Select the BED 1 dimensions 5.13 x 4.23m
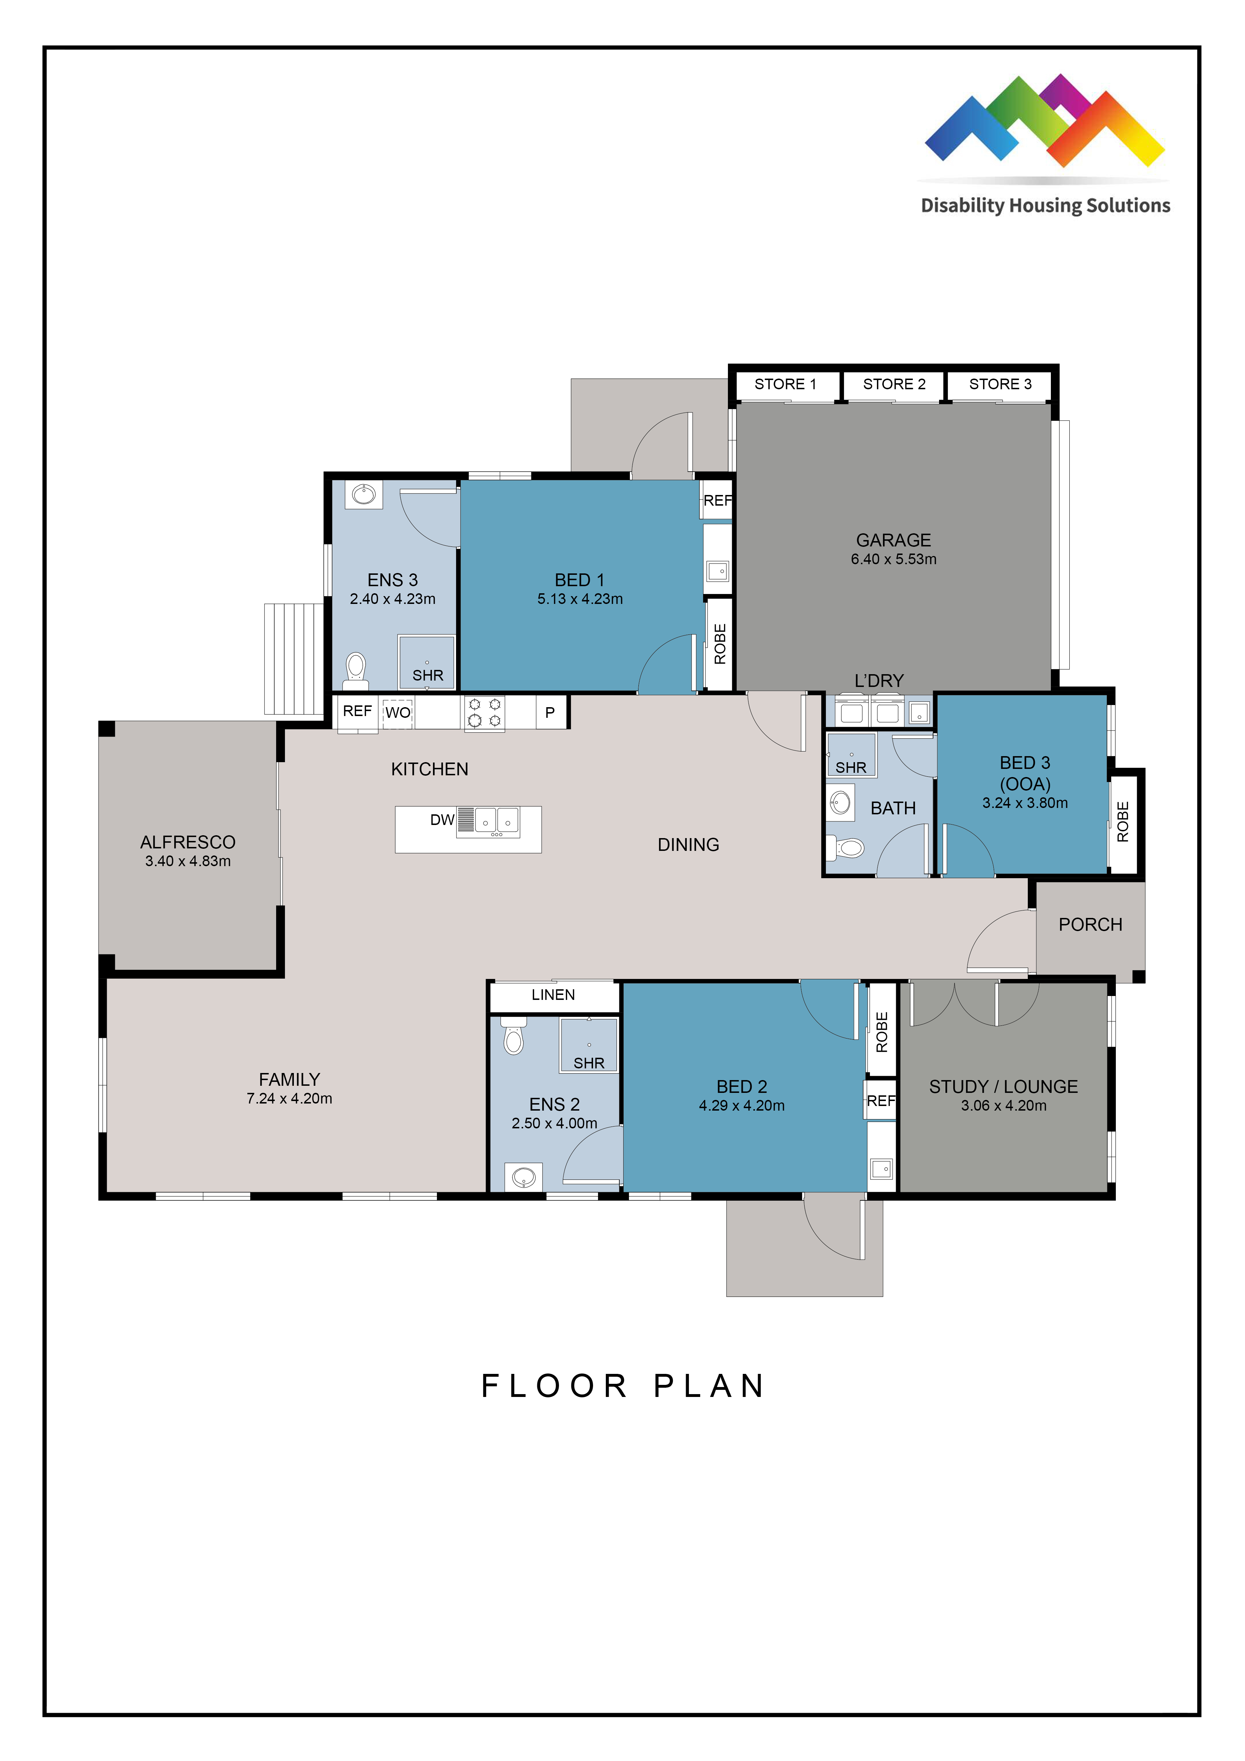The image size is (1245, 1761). pyautogui.click(x=580, y=599)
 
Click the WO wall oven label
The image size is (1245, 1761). pyautogui.click(x=397, y=712)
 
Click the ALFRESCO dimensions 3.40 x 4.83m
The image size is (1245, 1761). pyautogui.click(x=188, y=861)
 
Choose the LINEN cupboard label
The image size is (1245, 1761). pyautogui.click(x=553, y=995)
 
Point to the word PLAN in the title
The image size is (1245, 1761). pyautogui.click(x=709, y=1386)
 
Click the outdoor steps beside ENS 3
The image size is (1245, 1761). pyautogui.click(x=294, y=660)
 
